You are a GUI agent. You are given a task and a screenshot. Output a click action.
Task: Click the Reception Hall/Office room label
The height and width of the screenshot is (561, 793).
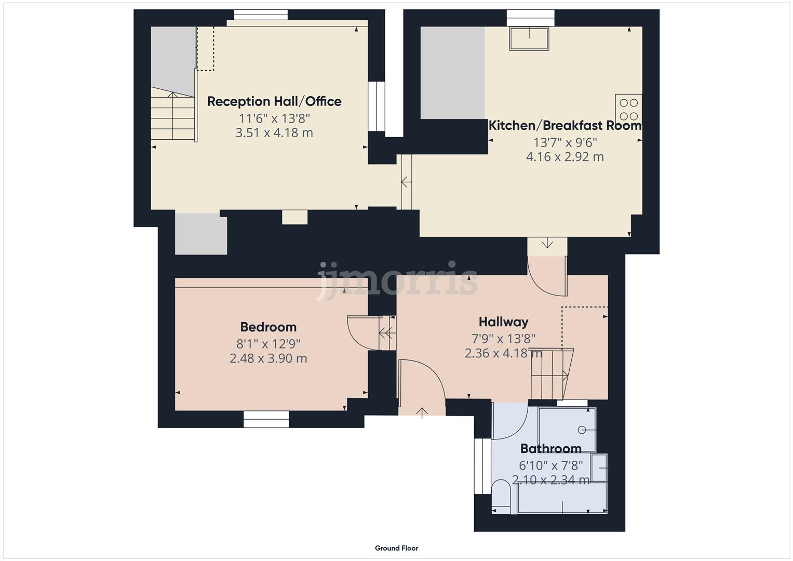[274, 101]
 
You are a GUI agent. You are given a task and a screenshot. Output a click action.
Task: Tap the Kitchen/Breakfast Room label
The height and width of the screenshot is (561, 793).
[565, 126]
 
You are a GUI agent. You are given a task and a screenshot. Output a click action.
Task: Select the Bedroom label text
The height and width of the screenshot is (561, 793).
[268, 327]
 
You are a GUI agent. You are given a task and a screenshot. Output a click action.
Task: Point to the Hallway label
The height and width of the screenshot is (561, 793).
[503, 322]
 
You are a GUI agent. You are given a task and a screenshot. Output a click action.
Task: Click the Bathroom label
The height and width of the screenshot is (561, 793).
[550, 448]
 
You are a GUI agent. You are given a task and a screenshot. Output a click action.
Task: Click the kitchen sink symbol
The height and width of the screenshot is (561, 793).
[529, 38]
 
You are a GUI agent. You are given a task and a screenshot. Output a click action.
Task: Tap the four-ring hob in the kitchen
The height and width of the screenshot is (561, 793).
[628, 110]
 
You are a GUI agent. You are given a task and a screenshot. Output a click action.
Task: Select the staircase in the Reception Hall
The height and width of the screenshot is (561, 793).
[173, 115]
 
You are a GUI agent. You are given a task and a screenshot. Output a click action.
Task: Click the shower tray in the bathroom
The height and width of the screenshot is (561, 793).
[567, 430]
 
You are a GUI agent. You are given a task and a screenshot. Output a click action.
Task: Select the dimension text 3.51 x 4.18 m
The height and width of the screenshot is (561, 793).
[274, 133]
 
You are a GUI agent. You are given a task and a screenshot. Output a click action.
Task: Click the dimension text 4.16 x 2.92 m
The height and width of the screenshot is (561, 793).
[565, 157]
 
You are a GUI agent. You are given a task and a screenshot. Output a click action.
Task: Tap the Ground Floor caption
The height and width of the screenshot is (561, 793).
[396, 548]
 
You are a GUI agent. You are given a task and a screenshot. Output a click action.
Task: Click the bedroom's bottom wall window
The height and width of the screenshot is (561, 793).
[266, 419]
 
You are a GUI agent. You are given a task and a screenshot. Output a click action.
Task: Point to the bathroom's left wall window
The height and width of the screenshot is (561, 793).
[479, 466]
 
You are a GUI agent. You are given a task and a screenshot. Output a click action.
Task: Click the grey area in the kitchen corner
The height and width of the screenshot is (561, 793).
[452, 73]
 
